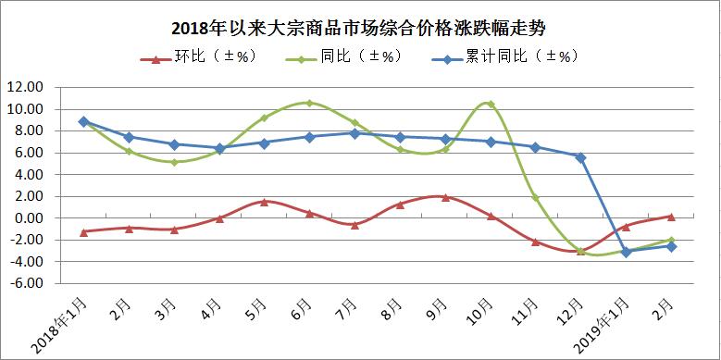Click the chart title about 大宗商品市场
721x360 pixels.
[x=358, y=29]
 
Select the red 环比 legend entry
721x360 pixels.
[x=198, y=57]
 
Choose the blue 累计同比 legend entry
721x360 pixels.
[x=504, y=57]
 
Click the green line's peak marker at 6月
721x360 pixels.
[x=309, y=103]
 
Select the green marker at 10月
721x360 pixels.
[x=491, y=104]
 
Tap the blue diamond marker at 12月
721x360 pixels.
[x=580, y=157]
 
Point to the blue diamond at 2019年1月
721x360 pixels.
[x=626, y=252]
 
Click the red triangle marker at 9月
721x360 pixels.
[x=445, y=197]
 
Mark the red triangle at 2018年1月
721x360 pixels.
[x=83, y=232]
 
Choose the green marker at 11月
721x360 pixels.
[x=536, y=198]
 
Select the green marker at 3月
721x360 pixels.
[x=174, y=162]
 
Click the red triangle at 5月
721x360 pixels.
[x=264, y=202]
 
